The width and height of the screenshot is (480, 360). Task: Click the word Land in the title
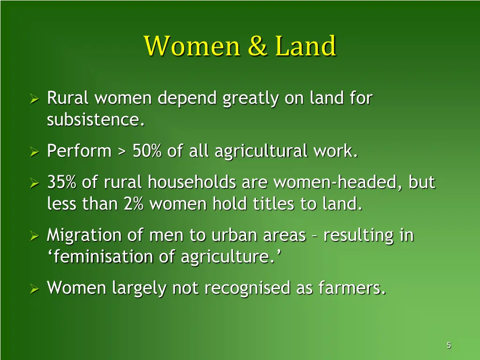pyautogui.click(x=306, y=46)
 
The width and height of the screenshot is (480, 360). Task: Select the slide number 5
pyautogui.click(x=449, y=345)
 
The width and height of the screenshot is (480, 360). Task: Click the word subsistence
pyautogui.click(x=95, y=120)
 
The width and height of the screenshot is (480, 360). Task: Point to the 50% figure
pyautogui.click(x=146, y=151)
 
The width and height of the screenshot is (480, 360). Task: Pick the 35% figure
pyautogui.click(x=62, y=182)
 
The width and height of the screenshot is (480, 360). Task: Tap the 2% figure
pyautogui.click(x=134, y=204)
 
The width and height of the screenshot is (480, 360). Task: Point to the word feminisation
pyautogui.click(x=92, y=257)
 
